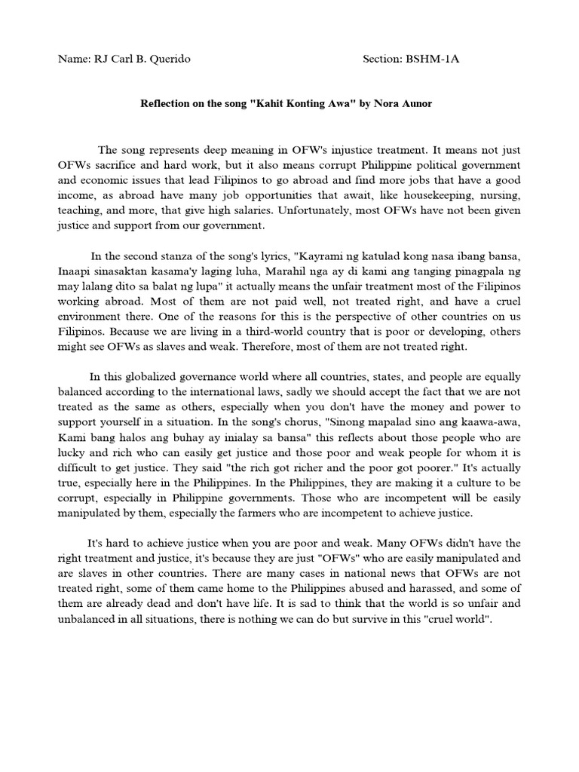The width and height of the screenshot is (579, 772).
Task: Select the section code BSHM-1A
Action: pyautogui.click(x=433, y=59)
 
